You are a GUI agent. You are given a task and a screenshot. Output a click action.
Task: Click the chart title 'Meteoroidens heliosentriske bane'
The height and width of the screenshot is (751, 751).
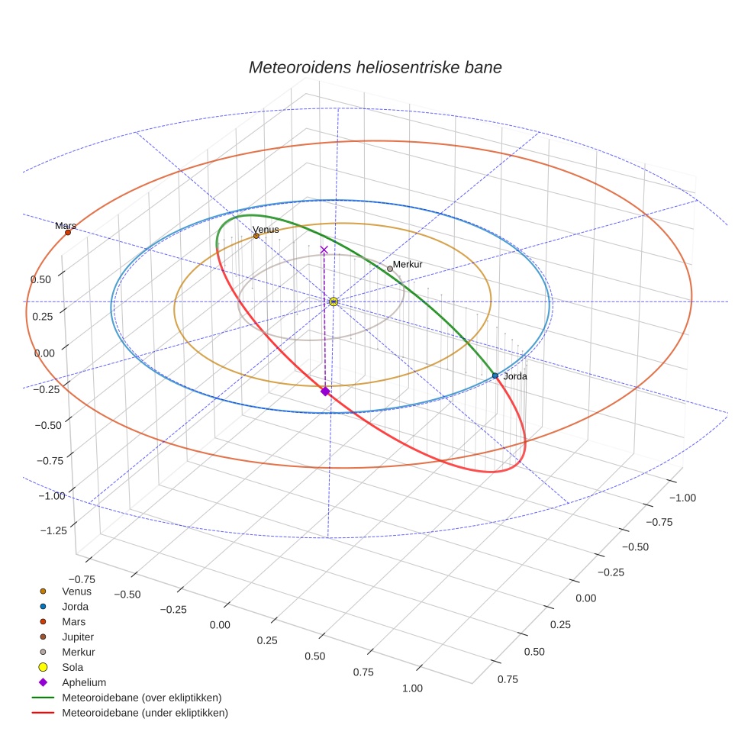click(x=375, y=67)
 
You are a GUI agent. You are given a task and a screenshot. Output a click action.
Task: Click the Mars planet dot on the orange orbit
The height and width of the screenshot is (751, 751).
click(x=68, y=232)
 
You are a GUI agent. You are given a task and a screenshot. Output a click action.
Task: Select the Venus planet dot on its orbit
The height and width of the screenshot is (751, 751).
click(x=256, y=236)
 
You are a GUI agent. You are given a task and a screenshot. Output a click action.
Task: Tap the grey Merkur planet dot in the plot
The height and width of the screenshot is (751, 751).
click(x=389, y=269)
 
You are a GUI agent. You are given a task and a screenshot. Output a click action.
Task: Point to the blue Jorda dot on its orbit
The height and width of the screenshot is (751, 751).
click(x=495, y=375)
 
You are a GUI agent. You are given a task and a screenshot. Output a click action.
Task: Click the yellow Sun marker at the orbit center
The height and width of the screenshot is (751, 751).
click(x=334, y=301)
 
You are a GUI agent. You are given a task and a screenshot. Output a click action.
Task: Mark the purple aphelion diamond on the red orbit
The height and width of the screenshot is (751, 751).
click(x=325, y=391)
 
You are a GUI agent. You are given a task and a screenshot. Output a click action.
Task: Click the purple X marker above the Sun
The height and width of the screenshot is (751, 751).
click(x=324, y=250)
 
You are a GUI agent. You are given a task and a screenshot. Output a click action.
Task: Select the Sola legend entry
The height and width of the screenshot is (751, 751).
click(x=73, y=667)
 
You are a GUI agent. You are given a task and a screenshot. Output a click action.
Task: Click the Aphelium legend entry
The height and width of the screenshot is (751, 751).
click(x=84, y=682)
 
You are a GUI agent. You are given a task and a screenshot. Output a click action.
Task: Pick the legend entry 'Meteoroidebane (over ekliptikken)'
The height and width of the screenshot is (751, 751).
click(x=141, y=698)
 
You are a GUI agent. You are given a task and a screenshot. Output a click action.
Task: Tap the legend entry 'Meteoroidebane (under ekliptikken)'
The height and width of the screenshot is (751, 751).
click(x=144, y=713)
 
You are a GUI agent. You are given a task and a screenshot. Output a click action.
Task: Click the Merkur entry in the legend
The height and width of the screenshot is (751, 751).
click(x=78, y=652)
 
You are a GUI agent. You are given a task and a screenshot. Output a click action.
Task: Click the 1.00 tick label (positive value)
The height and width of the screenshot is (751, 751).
click(x=411, y=688)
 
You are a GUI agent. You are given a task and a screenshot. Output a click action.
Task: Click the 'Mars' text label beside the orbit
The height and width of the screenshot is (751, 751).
click(x=65, y=226)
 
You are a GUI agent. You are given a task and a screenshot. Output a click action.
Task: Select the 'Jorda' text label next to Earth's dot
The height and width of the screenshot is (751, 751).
click(x=515, y=376)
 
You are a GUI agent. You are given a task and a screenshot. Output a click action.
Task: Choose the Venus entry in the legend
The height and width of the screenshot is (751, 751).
click(x=76, y=591)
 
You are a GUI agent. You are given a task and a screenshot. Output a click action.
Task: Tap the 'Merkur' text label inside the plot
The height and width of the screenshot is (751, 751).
click(x=408, y=264)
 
